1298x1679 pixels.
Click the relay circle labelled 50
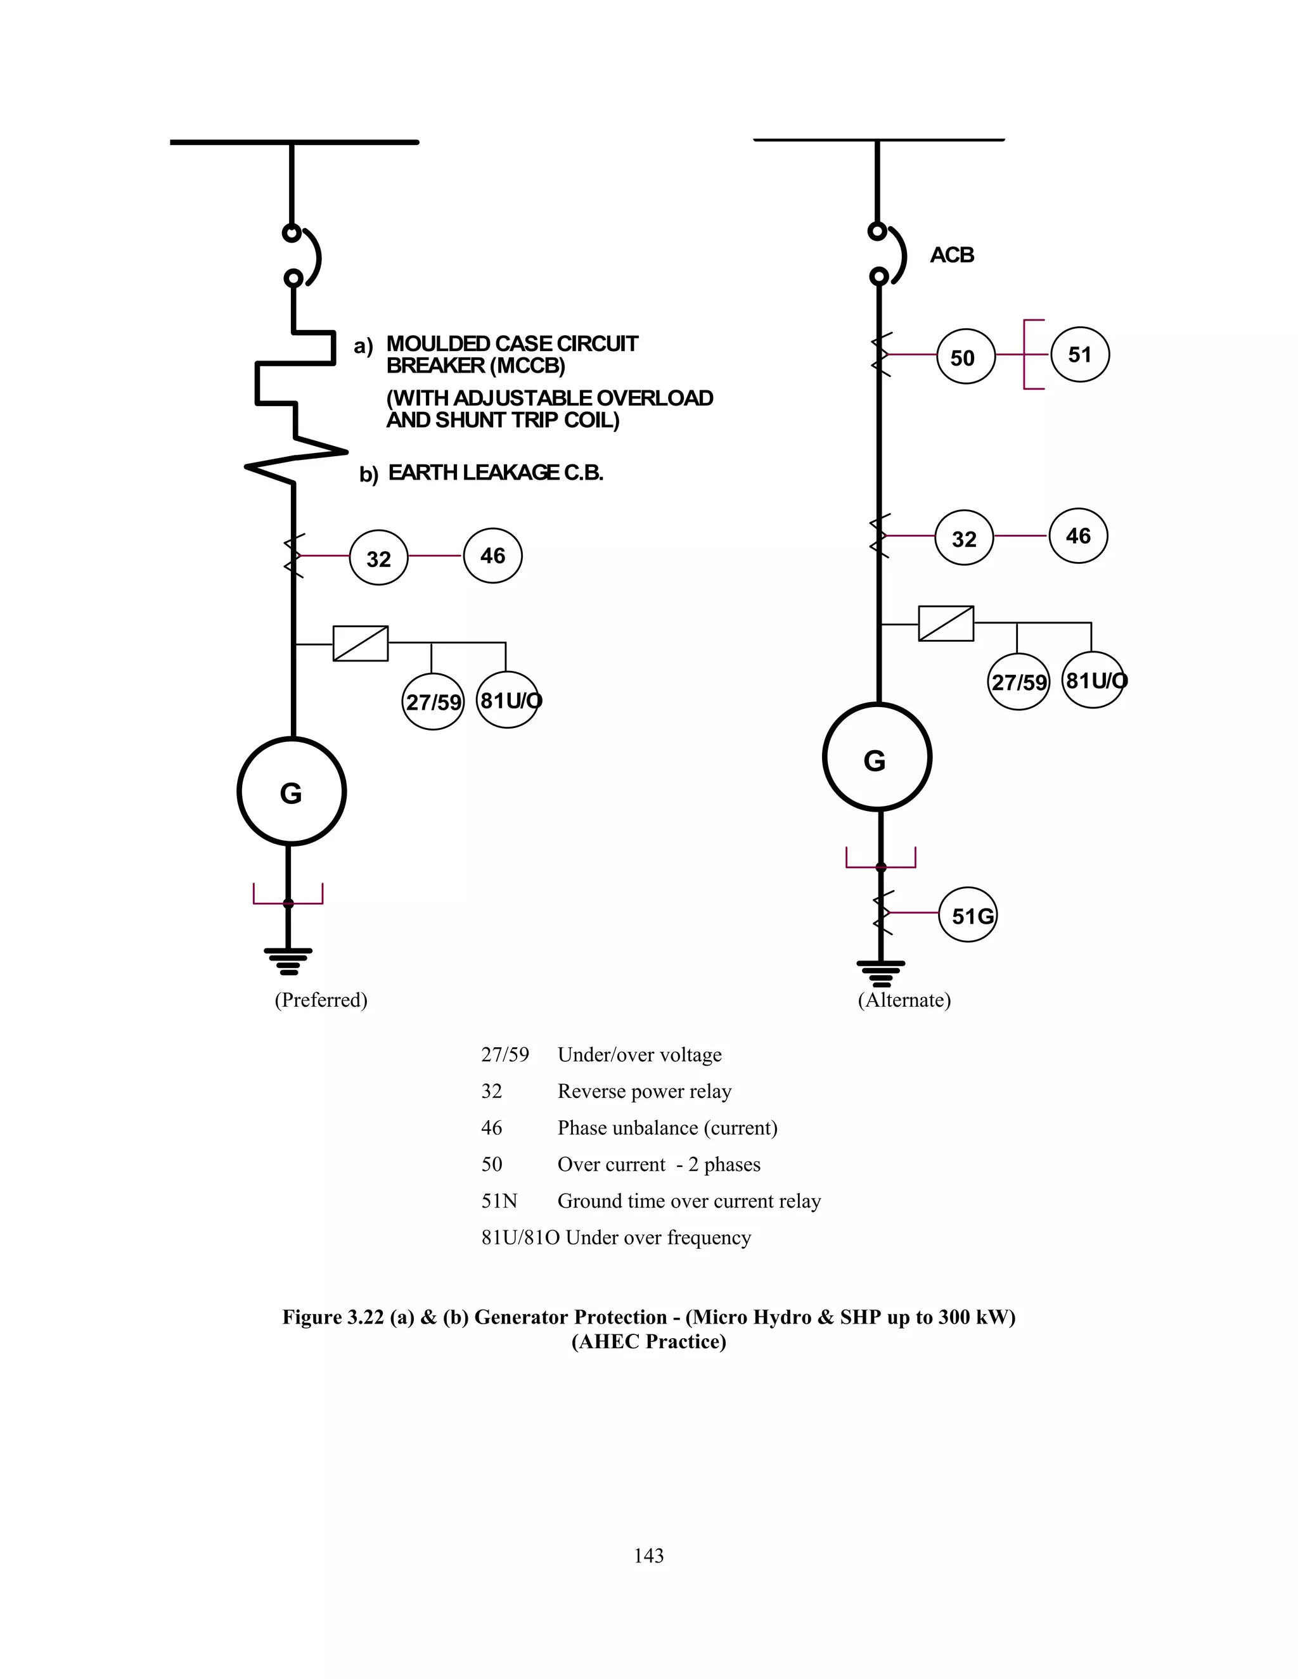[x=965, y=356]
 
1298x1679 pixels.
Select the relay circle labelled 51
[x=1079, y=354]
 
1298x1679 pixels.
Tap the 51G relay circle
[x=968, y=914]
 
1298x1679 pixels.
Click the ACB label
[x=952, y=255]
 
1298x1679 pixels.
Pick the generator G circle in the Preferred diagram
[x=292, y=791]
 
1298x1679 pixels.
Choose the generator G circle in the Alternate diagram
[x=877, y=758]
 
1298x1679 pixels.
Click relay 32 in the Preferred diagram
[x=378, y=558]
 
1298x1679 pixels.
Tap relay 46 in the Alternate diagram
[x=1078, y=536]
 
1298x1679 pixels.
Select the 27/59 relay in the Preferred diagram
[x=433, y=701]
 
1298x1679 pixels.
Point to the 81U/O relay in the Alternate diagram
[x=1093, y=680]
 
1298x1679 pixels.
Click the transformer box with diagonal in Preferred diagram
[x=360, y=644]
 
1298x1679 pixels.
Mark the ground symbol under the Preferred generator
[x=288, y=961]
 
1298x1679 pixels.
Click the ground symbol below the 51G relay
[x=881, y=973]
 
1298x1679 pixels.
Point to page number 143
[x=648, y=1555]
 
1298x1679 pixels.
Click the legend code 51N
[x=499, y=1201]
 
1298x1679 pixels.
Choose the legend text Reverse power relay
[x=644, y=1091]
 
